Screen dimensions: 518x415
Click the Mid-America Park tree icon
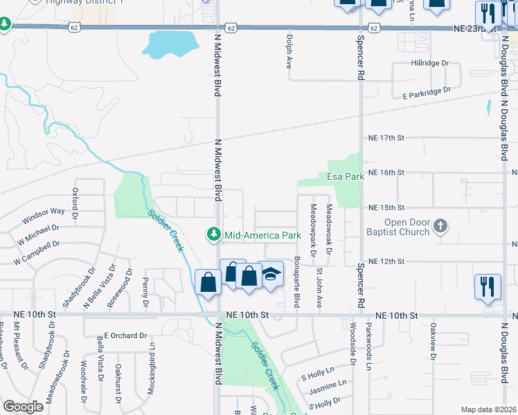click(x=215, y=235)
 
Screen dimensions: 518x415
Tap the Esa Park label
click(x=346, y=176)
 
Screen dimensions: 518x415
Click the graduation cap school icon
click(x=271, y=275)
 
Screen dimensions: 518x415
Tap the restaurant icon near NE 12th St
click(x=488, y=286)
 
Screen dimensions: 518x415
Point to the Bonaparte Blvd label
click(x=296, y=283)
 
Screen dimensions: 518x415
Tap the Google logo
click(x=24, y=407)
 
